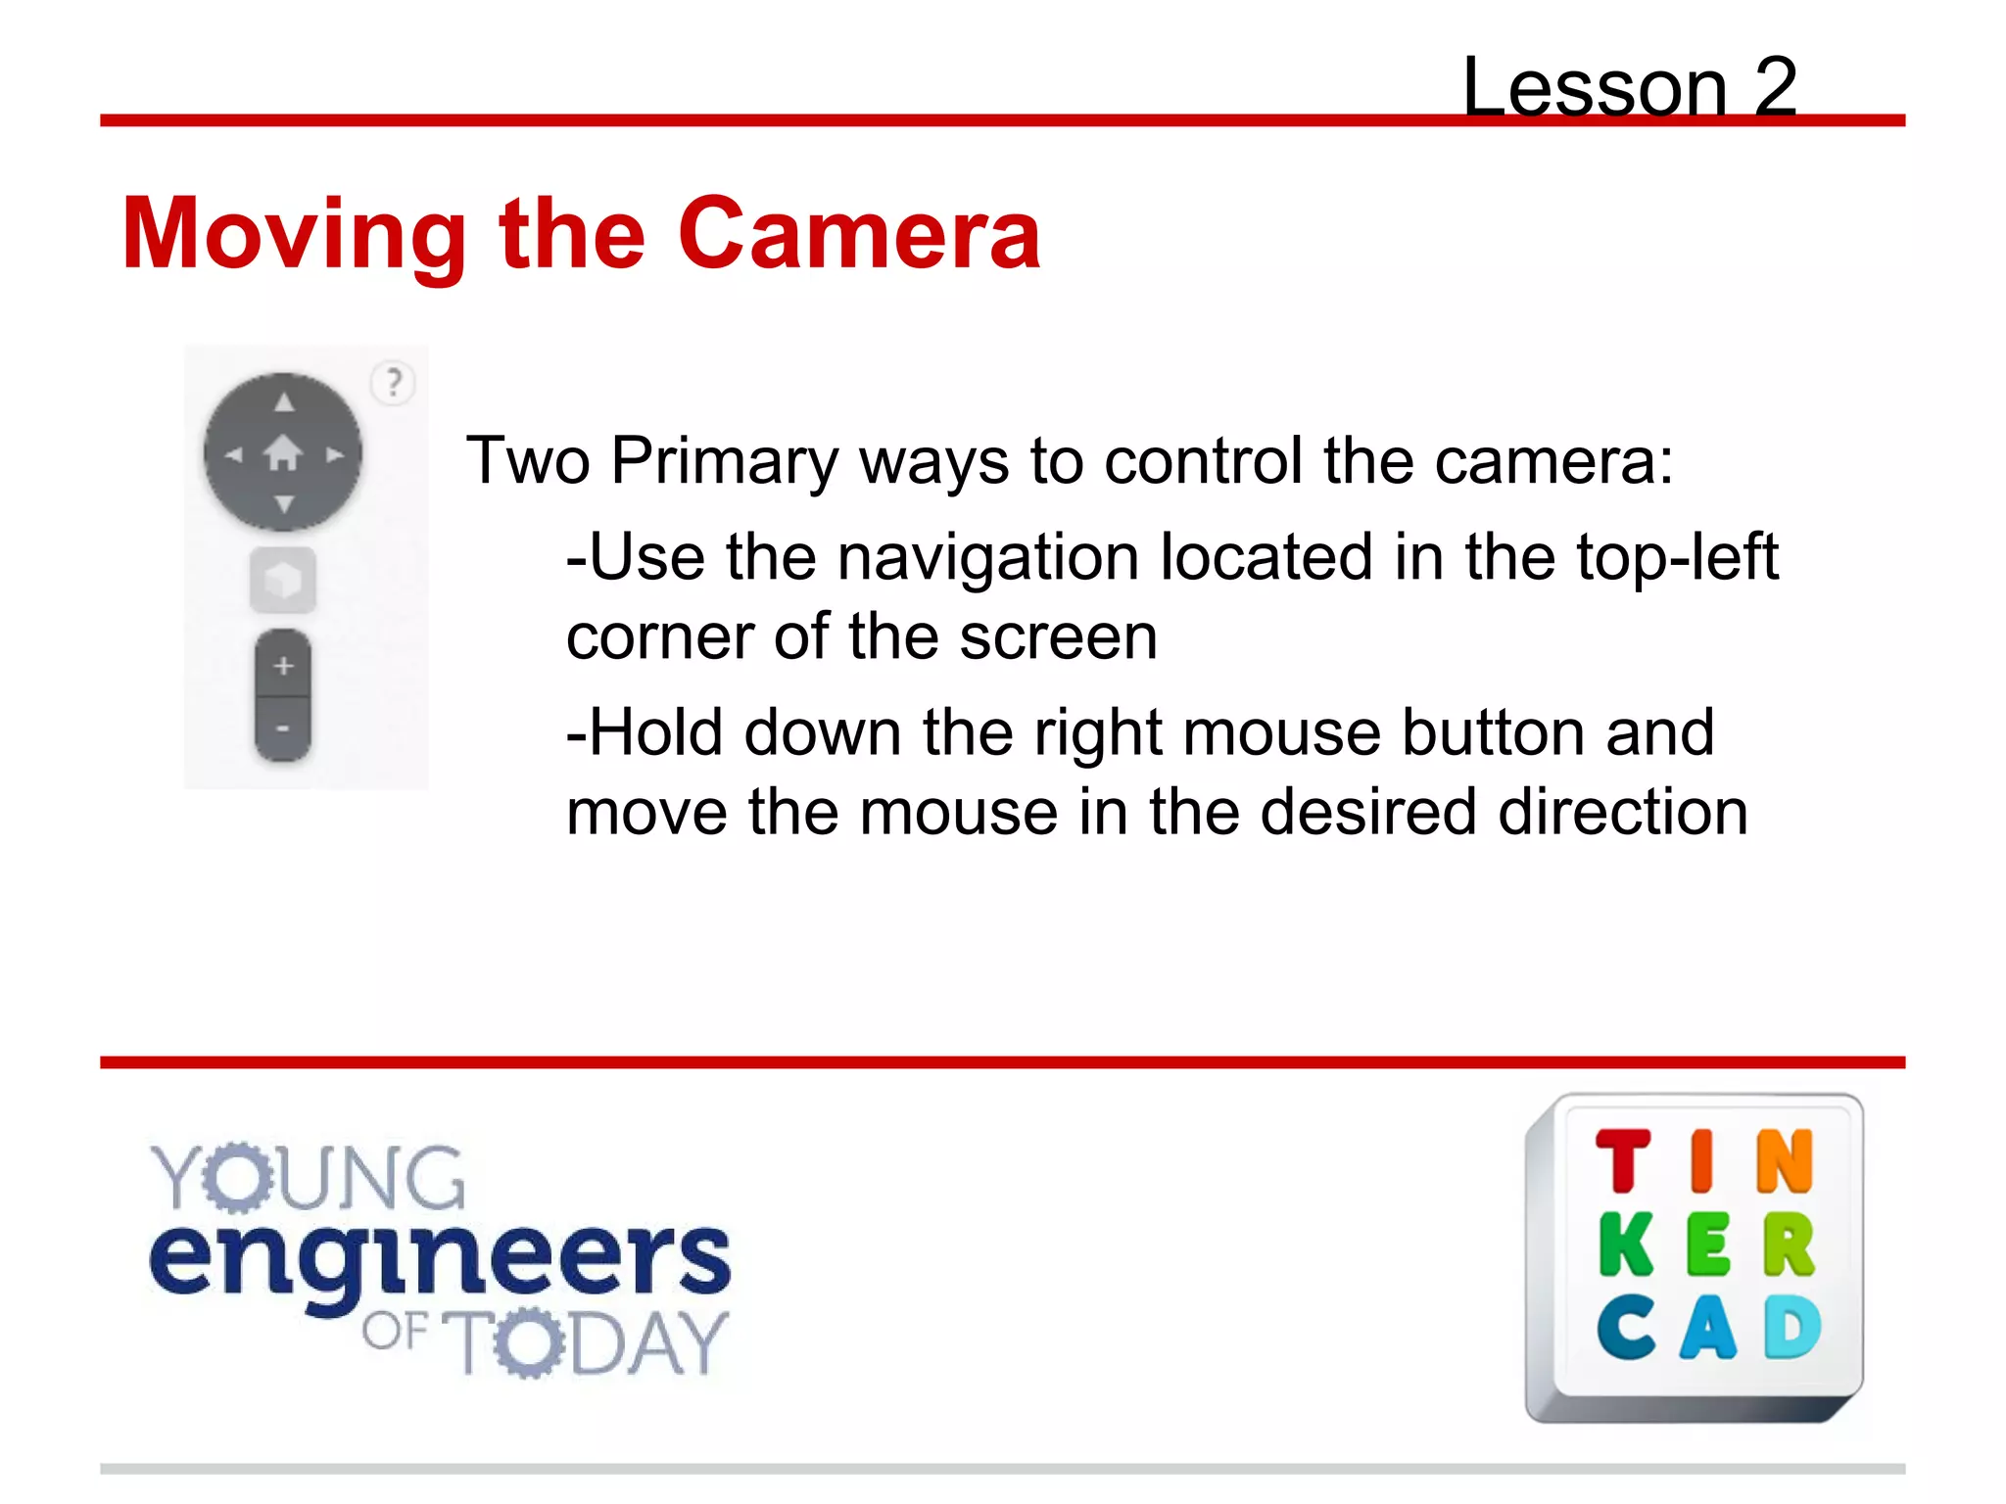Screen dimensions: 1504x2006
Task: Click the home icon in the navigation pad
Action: tap(283, 453)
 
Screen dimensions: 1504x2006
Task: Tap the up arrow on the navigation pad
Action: tap(284, 401)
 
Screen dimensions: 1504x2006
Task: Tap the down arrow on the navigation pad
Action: tap(284, 504)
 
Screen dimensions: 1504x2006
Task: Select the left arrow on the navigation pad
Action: tap(233, 454)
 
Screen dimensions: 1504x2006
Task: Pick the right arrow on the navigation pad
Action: tap(335, 454)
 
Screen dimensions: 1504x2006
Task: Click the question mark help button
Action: tap(394, 382)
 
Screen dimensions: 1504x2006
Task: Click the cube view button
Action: tap(283, 581)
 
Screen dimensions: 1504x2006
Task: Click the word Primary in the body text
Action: tap(725, 460)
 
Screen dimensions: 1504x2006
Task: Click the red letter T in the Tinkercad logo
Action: tap(1623, 1161)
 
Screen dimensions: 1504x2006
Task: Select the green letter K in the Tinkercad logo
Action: tap(1626, 1245)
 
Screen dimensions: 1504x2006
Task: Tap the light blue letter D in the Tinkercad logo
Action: tap(1792, 1328)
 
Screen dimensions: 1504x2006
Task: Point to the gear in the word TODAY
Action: tap(529, 1342)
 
